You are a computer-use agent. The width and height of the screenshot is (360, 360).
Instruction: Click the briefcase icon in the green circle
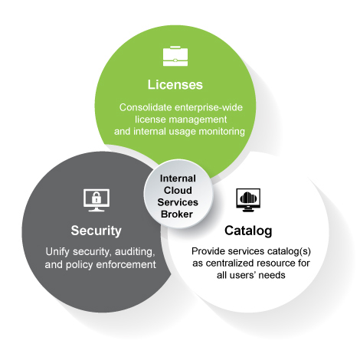click(175, 56)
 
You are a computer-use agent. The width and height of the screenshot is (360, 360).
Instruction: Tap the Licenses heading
click(175, 84)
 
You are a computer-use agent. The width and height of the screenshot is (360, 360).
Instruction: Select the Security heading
click(96, 231)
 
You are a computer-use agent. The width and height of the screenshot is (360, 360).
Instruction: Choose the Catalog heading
click(248, 231)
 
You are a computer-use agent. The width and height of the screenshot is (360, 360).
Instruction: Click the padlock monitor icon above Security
click(97, 200)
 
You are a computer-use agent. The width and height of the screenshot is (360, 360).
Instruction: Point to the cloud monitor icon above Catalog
click(248, 200)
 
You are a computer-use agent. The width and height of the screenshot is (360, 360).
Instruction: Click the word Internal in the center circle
click(178, 178)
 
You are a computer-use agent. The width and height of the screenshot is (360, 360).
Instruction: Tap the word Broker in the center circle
click(177, 214)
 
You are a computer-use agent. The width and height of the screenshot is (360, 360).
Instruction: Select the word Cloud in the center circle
click(178, 190)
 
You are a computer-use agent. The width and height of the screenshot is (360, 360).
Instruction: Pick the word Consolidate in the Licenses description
click(146, 107)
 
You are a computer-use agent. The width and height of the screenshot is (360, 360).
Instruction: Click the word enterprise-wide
click(208, 107)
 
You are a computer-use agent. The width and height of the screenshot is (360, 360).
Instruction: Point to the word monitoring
click(221, 132)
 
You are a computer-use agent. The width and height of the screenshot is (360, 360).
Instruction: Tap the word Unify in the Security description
click(57, 252)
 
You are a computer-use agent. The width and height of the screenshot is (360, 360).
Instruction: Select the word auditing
click(135, 252)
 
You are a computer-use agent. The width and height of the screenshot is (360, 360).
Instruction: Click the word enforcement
click(126, 264)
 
